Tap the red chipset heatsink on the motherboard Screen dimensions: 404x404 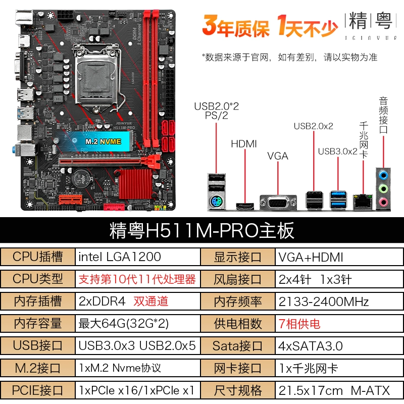(x=136, y=184)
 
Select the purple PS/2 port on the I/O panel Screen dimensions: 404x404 (x=216, y=201)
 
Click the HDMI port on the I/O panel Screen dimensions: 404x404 (x=245, y=206)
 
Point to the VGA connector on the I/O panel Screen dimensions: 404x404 (x=278, y=203)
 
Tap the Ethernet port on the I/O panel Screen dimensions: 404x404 (x=363, y=201)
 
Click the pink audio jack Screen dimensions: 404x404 (x=383, y=201)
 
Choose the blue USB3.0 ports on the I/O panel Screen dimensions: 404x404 (x=338, y=200)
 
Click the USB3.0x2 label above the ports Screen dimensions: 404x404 (x=337, y=151)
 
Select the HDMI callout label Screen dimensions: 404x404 (x=244, y=144)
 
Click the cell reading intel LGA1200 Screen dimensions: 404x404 (x=137, y=257)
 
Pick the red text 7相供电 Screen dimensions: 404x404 (x=299, y=324)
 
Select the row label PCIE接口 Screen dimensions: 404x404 (x=37, y=390)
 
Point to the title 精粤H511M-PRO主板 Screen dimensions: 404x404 (x=201, y=230)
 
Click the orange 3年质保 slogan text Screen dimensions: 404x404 (x=235, y=26)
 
